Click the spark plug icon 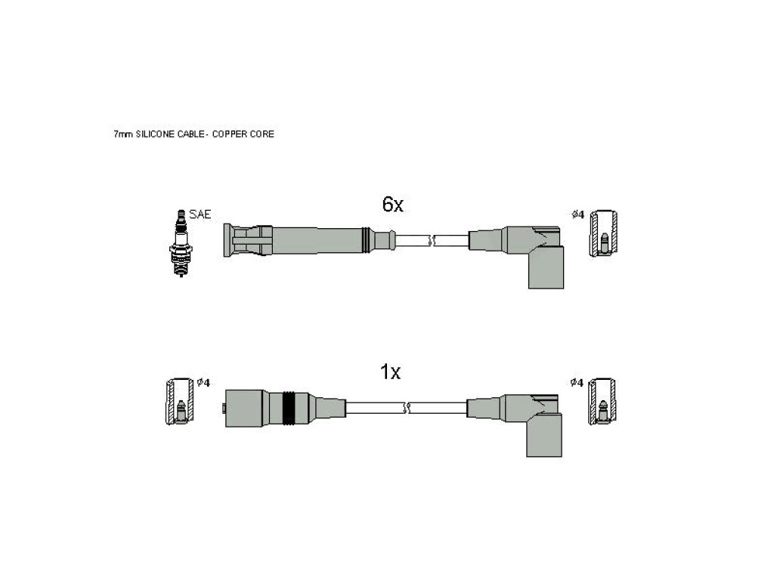181,243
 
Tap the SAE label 200,214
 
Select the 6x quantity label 393,204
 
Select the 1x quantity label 390,372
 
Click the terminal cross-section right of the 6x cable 604,233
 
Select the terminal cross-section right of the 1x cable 602,402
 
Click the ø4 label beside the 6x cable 577,214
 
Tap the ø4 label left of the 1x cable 203,383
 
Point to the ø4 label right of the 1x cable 577,383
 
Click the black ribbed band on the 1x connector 289,409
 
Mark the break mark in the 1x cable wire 407,409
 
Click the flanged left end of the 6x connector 228,240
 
